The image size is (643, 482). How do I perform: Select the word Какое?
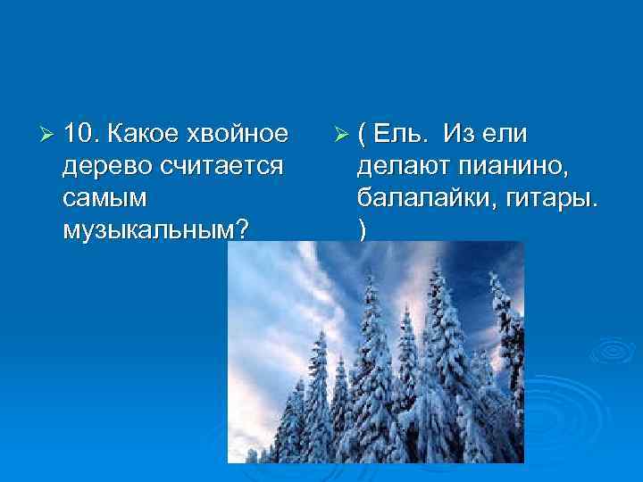(x=141, y=134)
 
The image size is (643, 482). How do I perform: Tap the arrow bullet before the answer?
(x=340, y=135)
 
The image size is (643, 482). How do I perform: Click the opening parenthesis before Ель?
(x=361, y=135)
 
